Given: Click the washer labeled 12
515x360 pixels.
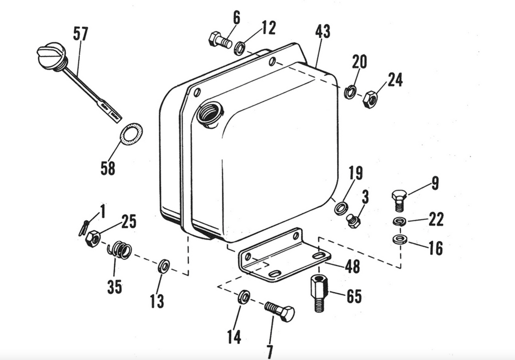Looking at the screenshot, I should click(240, 48).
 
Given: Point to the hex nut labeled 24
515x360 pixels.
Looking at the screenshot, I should click(370, 100).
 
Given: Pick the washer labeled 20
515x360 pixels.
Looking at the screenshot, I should click(351, 92).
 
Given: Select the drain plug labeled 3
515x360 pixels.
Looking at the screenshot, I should click(354, 221).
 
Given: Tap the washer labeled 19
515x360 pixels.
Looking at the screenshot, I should click(341, 207).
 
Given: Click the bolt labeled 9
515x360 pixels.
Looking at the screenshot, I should click(399, 200).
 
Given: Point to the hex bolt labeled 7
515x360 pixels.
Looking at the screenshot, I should click(279, 311).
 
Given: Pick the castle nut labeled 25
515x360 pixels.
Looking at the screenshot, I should click(93, 238).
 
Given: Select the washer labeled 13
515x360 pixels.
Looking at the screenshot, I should click(163, 266).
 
